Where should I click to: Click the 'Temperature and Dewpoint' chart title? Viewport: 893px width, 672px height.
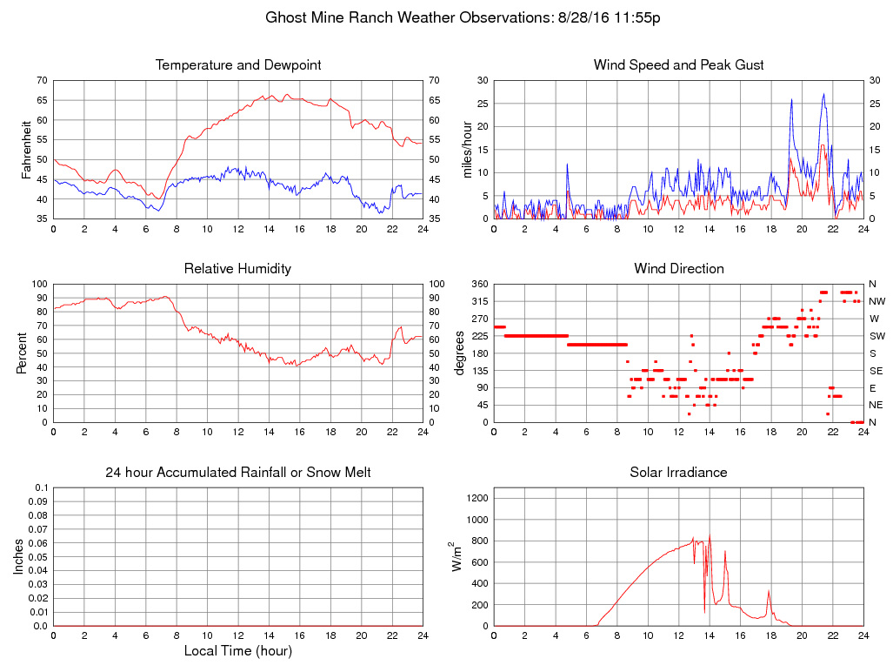[237, 65]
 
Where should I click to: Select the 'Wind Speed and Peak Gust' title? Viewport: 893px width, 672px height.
[678, 65]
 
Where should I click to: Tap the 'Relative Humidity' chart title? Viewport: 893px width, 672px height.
[237, 269]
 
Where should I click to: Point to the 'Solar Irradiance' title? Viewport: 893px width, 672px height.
[678, 473]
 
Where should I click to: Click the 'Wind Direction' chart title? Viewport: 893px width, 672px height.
[678, 269]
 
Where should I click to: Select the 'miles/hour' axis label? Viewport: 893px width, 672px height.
[467, 149]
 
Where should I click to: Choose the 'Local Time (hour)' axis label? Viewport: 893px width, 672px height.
[237, 651]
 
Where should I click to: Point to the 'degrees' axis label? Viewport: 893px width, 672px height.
[461, 353]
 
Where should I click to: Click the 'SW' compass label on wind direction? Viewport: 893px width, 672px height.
[876, 336]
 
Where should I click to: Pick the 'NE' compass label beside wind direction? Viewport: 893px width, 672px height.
[876, 405]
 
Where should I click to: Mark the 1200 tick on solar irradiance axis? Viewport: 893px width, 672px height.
[476, 499]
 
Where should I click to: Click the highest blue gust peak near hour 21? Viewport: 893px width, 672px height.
[823, 95]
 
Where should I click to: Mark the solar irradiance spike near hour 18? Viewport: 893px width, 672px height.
[769, 592]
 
